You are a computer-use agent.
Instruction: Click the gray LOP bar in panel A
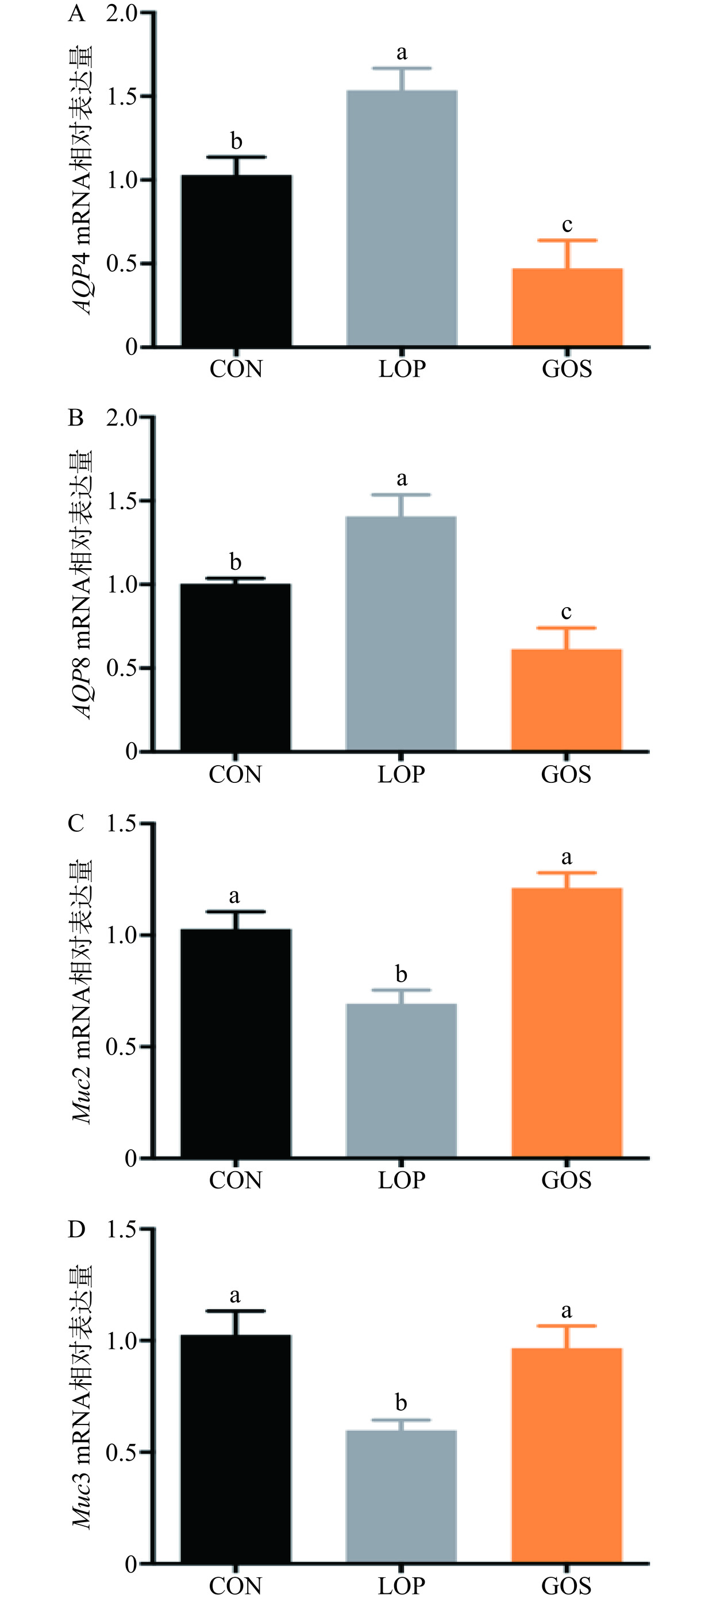coord(402,218)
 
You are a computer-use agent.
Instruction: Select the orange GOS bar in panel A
coord(567,307)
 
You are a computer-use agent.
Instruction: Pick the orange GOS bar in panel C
coord(567,1023)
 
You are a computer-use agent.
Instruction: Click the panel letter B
coord(76,418)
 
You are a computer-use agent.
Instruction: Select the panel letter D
coord(76,1229)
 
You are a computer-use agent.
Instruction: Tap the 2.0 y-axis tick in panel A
coord(122,13)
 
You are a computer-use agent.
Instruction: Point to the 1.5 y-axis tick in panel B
coord(122,501)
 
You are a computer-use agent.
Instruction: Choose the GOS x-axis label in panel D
coord(566,1585)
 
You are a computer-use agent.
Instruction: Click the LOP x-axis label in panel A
coord(402,369)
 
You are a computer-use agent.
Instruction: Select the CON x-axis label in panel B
coord(235,774)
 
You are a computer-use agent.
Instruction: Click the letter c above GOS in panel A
coord(567,225)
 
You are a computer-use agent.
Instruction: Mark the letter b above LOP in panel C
coord(401,973)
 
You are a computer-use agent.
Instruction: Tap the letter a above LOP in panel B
coord(402,479)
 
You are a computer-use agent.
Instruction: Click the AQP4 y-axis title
coord(82,180)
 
